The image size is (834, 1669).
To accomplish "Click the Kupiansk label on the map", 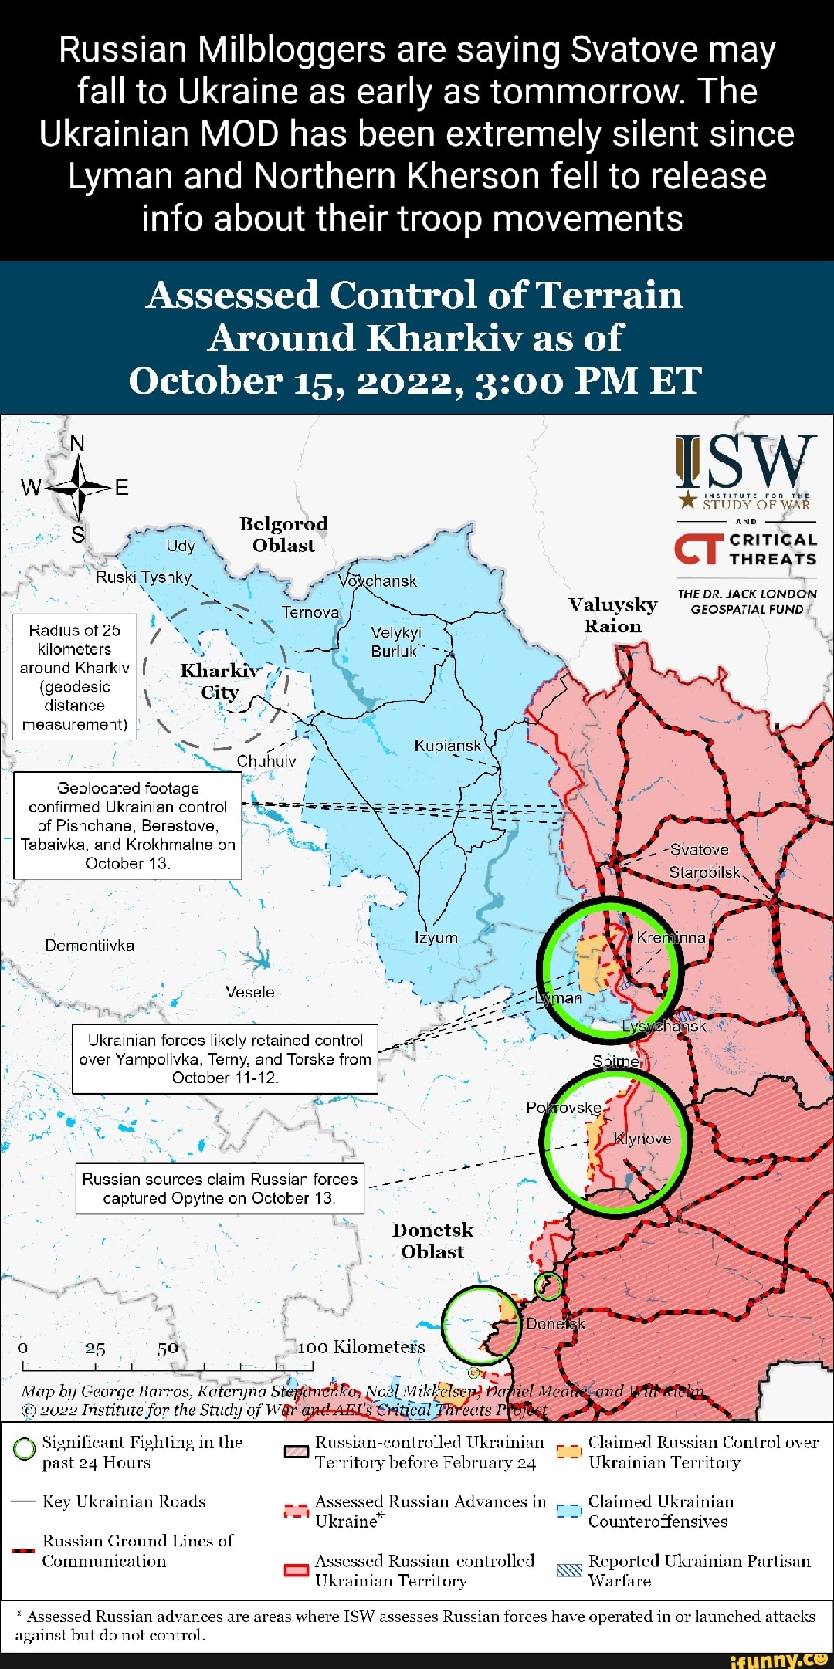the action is coord(448,746).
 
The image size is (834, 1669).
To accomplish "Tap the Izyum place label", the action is coord(436,937).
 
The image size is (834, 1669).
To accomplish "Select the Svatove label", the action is coord(699,849).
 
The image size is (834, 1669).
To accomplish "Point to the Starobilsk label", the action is coord(704,872).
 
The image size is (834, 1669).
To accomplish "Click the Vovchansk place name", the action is coord(378,581).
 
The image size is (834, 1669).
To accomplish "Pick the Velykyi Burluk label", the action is coord(395,642).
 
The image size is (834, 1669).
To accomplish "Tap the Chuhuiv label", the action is coord(266,760).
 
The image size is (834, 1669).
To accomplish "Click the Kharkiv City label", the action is coord(220,681).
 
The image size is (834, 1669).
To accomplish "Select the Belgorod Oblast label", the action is coord(283,534).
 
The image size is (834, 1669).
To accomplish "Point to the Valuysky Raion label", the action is coord(613,614).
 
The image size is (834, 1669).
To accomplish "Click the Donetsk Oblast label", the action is coord(432,1240).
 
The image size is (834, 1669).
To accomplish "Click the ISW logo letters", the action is coord(746,462).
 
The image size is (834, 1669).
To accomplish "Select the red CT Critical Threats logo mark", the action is coord(698,550).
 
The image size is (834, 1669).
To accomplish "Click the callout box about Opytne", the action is coord(220,1188).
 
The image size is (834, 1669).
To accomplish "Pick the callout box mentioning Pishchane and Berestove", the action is coord(128,825).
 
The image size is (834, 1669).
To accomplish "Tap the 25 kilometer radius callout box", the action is coord(75,677).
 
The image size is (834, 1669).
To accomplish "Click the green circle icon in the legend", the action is coord(25,1450).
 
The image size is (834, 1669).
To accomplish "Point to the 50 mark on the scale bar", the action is coord(168,1349).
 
